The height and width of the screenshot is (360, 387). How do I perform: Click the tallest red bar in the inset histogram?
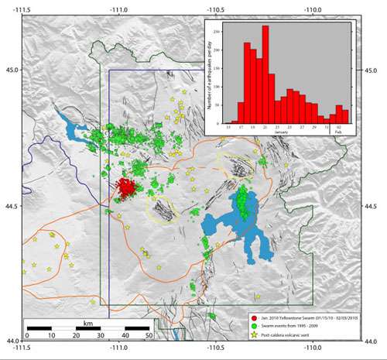pos(265,74)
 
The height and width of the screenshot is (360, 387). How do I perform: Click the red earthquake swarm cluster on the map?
pos(126,188)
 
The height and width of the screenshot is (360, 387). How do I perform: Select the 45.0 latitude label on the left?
pos(12,69)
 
